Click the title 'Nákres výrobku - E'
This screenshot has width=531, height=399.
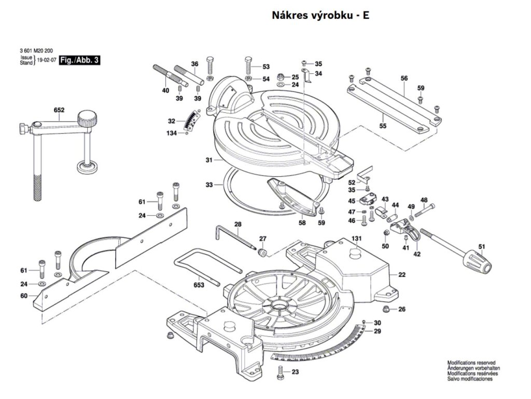pyautogui.click(x=320, y=15)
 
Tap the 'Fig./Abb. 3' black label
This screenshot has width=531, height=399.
pyautogui.click(x=79, y=60)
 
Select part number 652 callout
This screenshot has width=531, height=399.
pyautogui.click(x=59, y=110)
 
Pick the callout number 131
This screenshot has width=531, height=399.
pyautogui.click(x=356, y=238)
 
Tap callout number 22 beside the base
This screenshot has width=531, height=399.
pyautogui.click(x=402, y=274)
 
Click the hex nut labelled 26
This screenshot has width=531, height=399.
pyautogui.click(x=386, y=310)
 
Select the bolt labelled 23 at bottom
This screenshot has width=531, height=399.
pyautogui.click(x=281, y=372)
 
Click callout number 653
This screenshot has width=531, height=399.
pyautogui.click(x=199, y=285)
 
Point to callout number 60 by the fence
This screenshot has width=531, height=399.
pyautogui.click(x=23, y=296)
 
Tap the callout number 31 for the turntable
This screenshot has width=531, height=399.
pyautogui.click(x=209, y=160)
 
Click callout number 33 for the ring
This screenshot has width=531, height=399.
pyautogui.click(x=209, y=184)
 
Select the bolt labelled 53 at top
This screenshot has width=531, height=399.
pyautogui.click(x=248, y=64)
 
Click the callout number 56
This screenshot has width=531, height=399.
pyautogui.click(x=404, y=78)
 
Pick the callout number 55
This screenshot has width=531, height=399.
pyautogui.click(x=383, y=126)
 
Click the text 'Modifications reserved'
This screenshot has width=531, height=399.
pyautogui.click(x=471, y=363)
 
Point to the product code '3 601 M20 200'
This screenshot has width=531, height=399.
pyautogui.click(x=36, y=50)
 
